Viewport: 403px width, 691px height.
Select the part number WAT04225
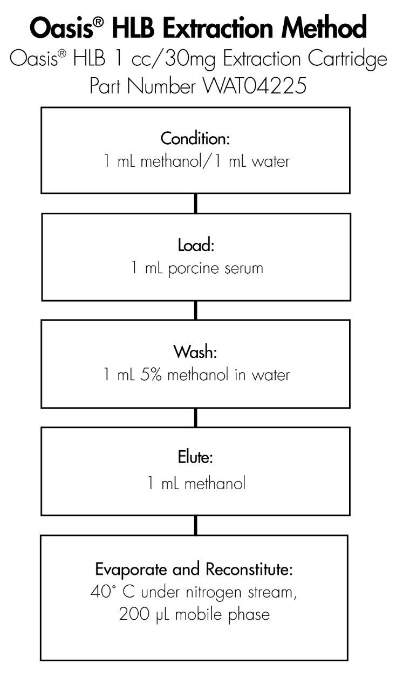(x=255, y=86)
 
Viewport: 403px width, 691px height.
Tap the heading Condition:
(x=195, y=139)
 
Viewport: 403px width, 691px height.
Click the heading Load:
(x=196, y=245)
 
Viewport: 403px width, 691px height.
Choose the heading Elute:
(x=195, y=457)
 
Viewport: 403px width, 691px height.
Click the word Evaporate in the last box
(x=131, y=570)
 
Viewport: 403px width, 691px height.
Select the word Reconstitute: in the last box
(x=249, y=569)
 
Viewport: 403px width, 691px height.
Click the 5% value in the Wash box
(x=151, y=375)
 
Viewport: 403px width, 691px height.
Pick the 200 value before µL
(x=134, y=614)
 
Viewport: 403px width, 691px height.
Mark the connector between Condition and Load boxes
(x=196, y=204)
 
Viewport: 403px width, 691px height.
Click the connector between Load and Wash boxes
(x=196, y=310)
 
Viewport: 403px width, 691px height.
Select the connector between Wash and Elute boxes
(x=196, y=418)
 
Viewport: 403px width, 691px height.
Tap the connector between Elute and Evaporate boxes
(x=196, y=525)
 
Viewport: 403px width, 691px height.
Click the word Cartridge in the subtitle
(x=347, y=59)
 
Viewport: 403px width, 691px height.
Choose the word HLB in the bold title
(x=133, y=28)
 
